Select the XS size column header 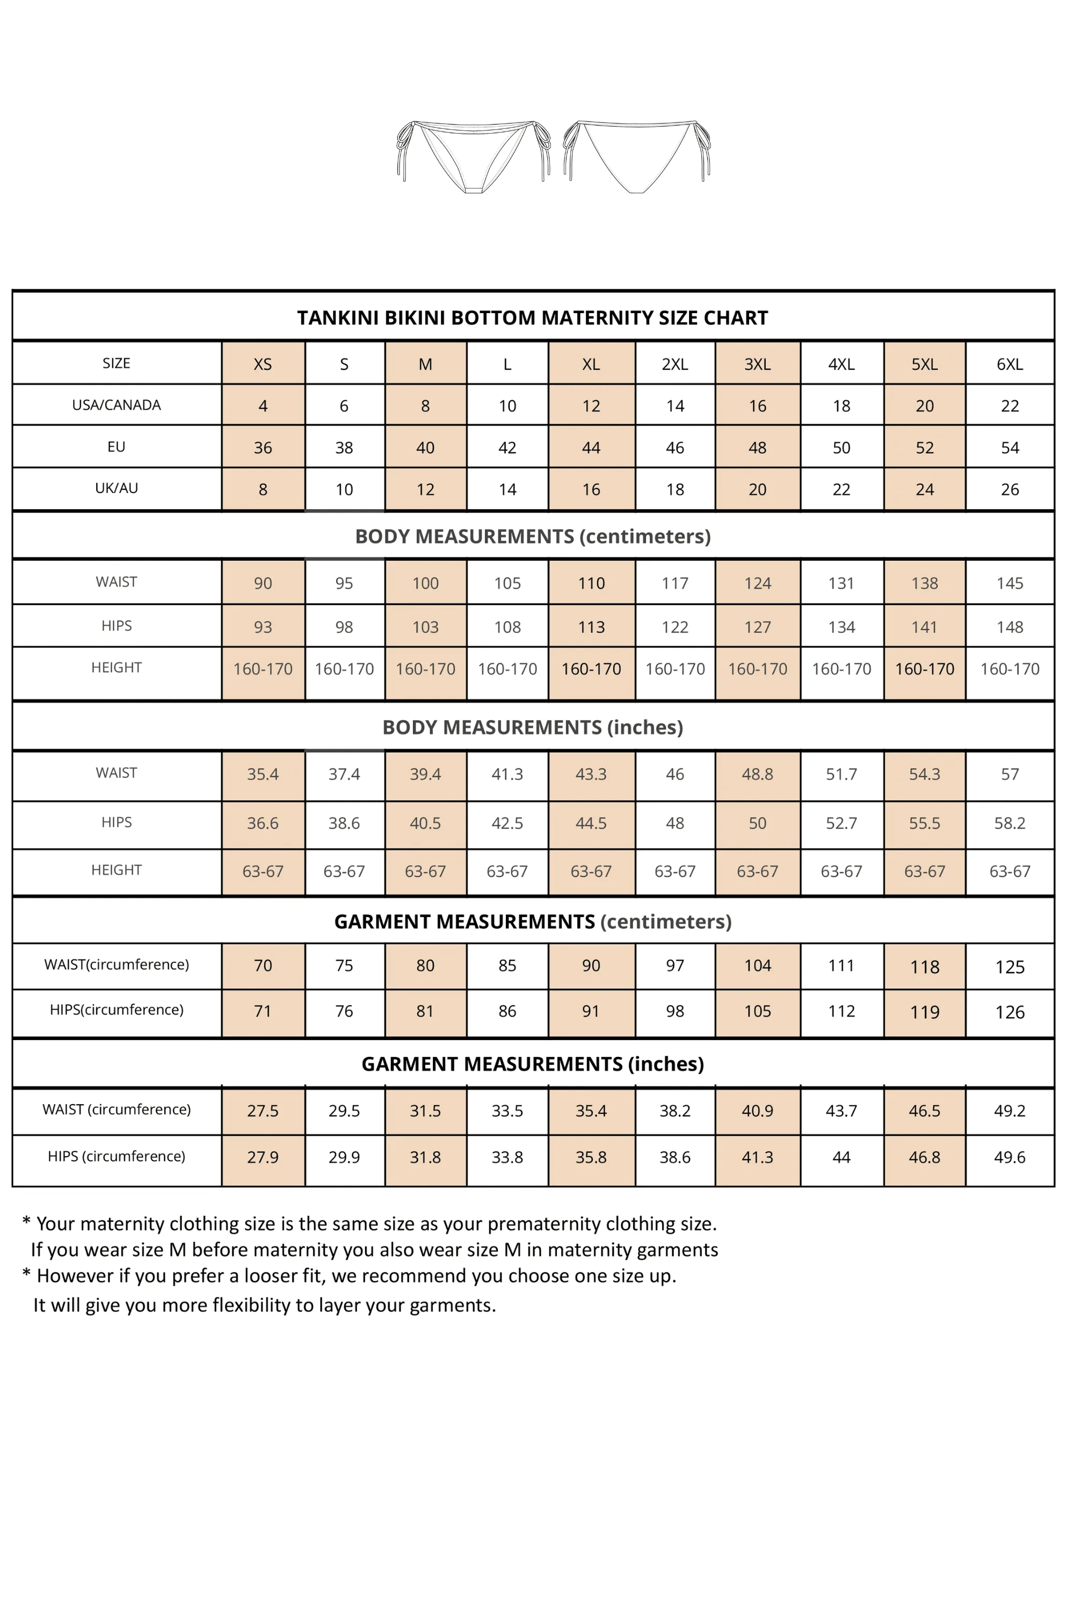[x=263, y=365]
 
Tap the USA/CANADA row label [x=117, y=405]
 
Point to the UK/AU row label [x=117, y=488]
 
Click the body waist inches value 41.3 [x=507, y=775]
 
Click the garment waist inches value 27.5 [x=263, y=1111]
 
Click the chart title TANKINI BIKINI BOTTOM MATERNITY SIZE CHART [x=532, y=318]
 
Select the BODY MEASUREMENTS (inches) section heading [x=532, y=728]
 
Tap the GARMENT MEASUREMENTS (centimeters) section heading [x=532, y=922]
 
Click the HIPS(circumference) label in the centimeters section [x=117, y=1010]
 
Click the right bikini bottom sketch [x=636, y=156]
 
